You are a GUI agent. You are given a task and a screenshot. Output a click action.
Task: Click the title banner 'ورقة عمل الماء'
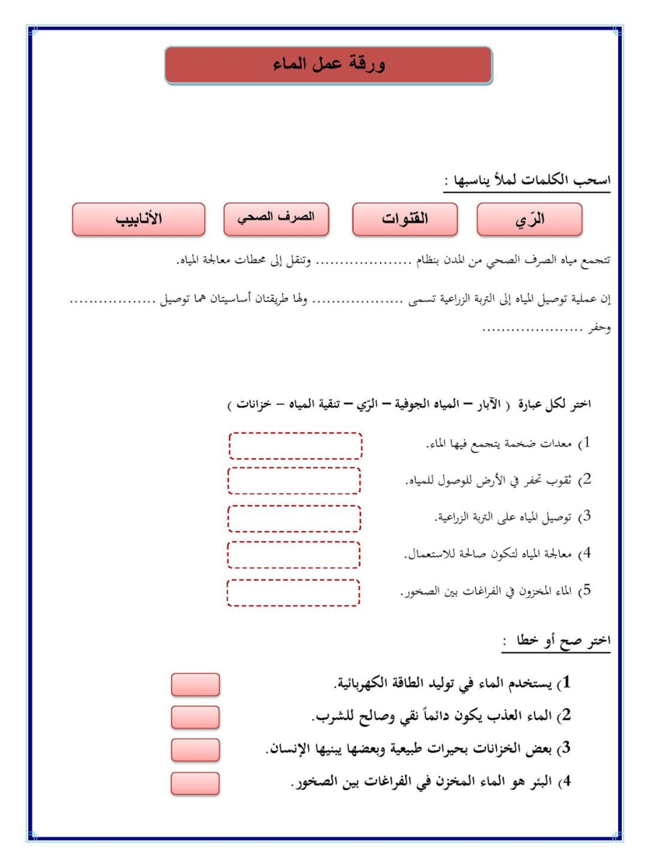click(329, 66)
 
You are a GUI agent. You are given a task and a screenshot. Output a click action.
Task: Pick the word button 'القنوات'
click(404, 220)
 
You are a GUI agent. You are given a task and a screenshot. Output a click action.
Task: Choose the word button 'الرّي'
click(529, 220)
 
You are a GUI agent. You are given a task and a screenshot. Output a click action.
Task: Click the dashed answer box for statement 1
click(295, 446)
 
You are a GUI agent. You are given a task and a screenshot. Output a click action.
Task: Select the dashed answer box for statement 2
click(294, 480)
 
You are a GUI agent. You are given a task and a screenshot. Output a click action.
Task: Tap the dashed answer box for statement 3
click(294, 518)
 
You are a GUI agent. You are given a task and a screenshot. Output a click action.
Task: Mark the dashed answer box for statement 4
click(294, 554)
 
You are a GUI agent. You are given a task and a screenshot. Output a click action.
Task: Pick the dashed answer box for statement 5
click(294, 592)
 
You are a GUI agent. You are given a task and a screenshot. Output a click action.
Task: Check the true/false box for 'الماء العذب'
click(195, 717)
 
